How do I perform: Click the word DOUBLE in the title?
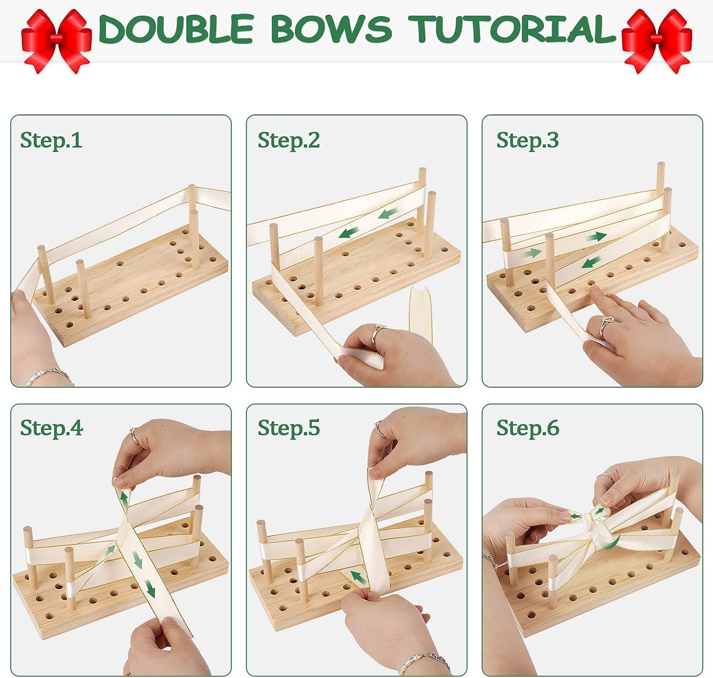tap(176, 29)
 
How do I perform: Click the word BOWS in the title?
tap(331, 29)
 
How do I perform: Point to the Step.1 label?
tap(51, 140)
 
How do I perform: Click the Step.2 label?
tap(289, 140)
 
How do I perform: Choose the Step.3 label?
tap(527, 140)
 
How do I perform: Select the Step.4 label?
tap(51, 428)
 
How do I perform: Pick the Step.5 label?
tap(289, 428)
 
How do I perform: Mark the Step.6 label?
tap(528, 428)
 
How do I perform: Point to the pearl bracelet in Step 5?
tap(423, 662)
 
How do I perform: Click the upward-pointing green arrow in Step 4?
tap(125, 499)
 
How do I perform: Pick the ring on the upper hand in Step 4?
tap(134, 435)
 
